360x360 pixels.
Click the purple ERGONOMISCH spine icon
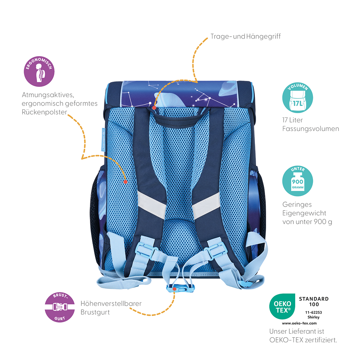tap(39, 71)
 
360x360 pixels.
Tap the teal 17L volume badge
tap(298, 98)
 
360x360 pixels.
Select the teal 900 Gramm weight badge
tap(298, 181)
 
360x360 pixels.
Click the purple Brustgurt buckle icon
tap(60, 307)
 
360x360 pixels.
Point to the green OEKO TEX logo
tap(282, 306)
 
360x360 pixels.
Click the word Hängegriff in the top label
tap(264, 36)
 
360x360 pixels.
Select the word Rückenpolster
tap(45, 112)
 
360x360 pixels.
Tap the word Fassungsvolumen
tap(311, 129)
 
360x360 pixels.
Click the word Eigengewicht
tap(304, 213)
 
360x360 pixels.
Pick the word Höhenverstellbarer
tap(111, 303)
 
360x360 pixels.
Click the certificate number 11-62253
tap(314, 312)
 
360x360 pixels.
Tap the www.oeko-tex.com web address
tap(300, 323)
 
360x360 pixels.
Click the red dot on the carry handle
tap(154, 108)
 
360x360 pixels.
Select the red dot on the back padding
tap(125, 182)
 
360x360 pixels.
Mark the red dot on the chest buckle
tap(175, 289)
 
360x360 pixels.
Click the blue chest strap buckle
tap(180, 288)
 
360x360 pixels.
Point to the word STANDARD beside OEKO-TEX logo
tap(314, 299)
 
